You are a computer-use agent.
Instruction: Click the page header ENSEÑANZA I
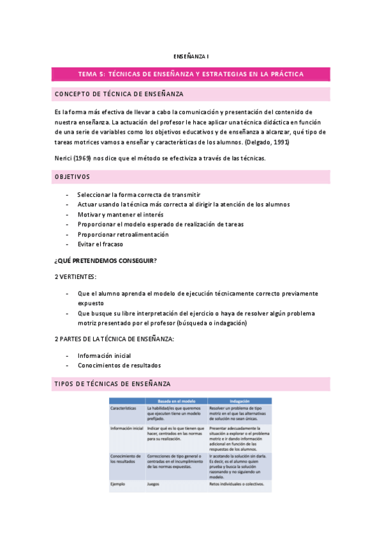(x=191, y=55)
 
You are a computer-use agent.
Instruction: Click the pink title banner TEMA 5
(x=191, y=75)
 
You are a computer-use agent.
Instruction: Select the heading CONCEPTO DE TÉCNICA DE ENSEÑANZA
(x=119, y=94)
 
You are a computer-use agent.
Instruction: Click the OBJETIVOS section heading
(x=73, y=176)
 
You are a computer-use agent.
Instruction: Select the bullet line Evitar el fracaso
(x=100, y=244)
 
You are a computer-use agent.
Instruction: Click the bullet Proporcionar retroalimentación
(x=123, y=234)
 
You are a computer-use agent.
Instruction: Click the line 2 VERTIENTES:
(x=76, y=276)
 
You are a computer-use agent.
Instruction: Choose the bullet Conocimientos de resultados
(x=119, y=366)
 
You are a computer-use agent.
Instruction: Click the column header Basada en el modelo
(x=176, y=402)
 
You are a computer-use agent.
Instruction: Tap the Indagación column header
(x=239, y=402)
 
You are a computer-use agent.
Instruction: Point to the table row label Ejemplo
(x=118, y=484)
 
